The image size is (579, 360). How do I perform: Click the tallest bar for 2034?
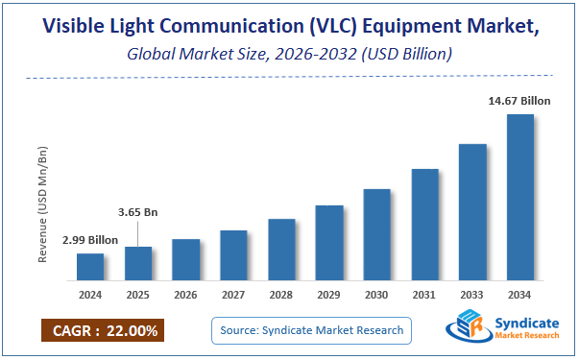[x=520, y=197]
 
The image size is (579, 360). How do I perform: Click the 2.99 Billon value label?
[x=89, y=240]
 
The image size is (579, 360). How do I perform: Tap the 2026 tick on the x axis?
[x=186, y=294]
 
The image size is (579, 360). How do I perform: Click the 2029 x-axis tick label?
[x=329, y=294]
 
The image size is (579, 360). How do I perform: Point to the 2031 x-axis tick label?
[x=424, y=294]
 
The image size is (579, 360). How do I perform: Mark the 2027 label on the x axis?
[x=233, y=294]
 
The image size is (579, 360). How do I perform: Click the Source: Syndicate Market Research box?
[x=311, y=330]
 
